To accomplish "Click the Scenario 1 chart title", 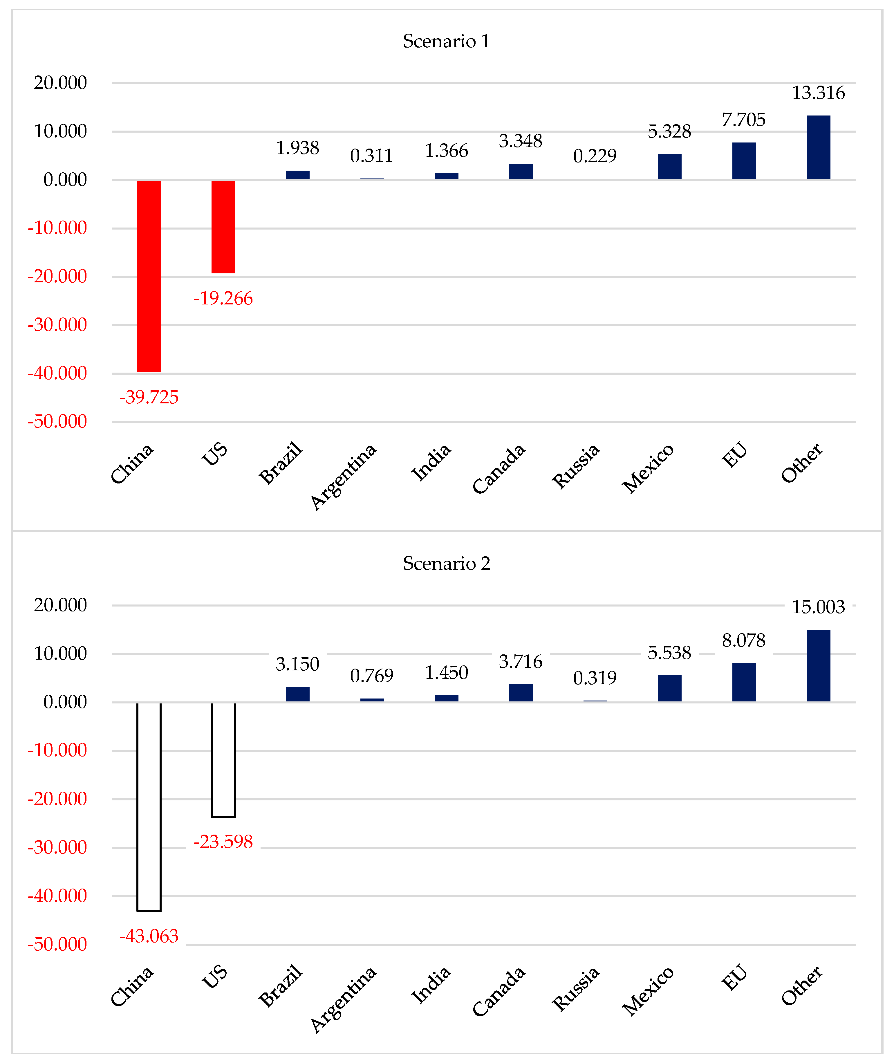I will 446,41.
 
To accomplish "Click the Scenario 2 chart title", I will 446,563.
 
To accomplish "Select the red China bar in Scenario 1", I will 149,276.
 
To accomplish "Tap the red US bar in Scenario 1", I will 223,227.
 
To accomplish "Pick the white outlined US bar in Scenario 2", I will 223,759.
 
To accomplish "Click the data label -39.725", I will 149,397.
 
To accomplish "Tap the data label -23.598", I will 223,842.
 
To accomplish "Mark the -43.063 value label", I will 149,936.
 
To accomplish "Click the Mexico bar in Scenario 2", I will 669,688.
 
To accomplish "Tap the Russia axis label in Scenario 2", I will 576,988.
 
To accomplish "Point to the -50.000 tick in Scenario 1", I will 57,421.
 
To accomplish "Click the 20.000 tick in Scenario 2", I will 60,605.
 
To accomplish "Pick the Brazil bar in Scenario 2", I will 297,694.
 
